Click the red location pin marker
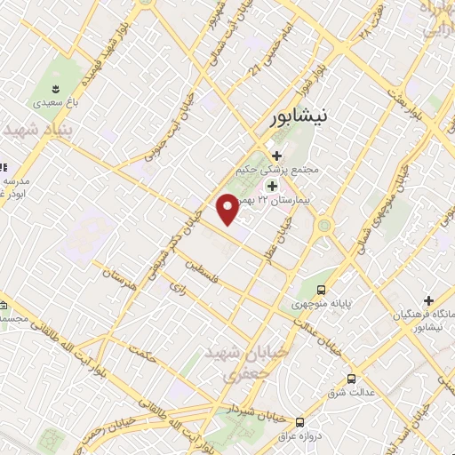[227, 208]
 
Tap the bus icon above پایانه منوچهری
[322, 290]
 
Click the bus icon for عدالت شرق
[352, 378]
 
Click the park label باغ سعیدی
[52, 103]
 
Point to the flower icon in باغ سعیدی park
[55, 89]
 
